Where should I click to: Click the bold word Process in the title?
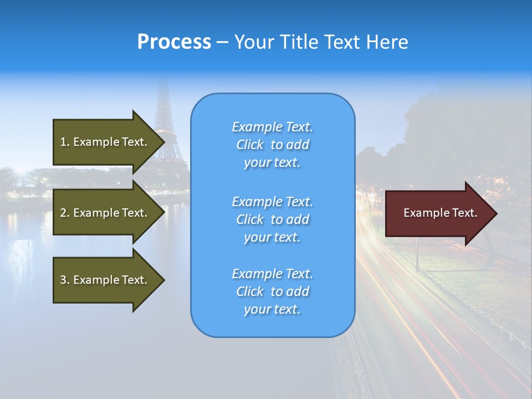(174, 42)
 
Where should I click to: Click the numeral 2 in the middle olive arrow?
(63, 213)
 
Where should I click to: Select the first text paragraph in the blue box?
(272, 145)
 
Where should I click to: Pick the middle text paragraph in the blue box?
(272, 219)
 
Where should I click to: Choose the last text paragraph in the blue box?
(272, 291)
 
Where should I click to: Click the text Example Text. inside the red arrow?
(440, 213)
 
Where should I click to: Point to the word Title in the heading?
(298, 42)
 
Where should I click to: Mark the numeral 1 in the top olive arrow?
(63, 142)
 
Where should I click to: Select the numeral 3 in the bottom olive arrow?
(63, 280)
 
